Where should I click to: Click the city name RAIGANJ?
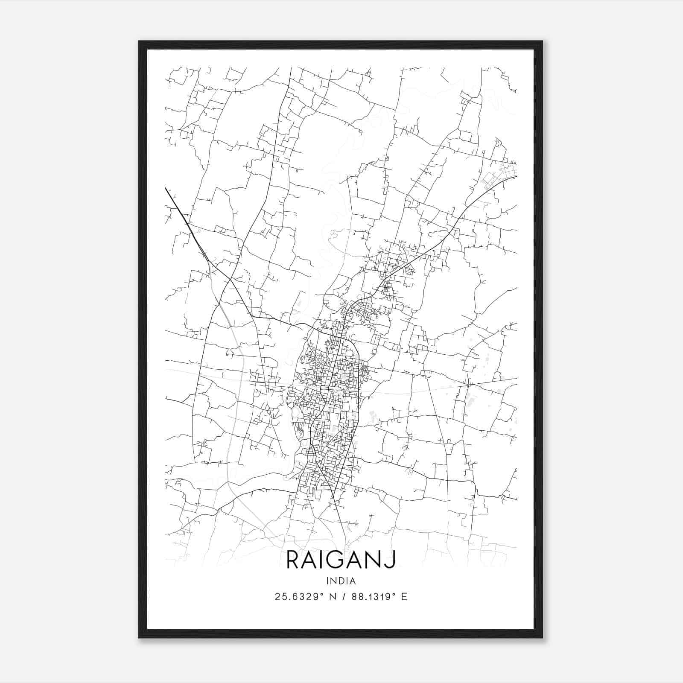point(341,560)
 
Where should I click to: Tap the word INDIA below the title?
point(341,581)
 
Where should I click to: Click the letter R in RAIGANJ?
point(293,560)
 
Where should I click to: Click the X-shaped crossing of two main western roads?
point(231,280)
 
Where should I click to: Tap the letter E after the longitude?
point(404,597)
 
